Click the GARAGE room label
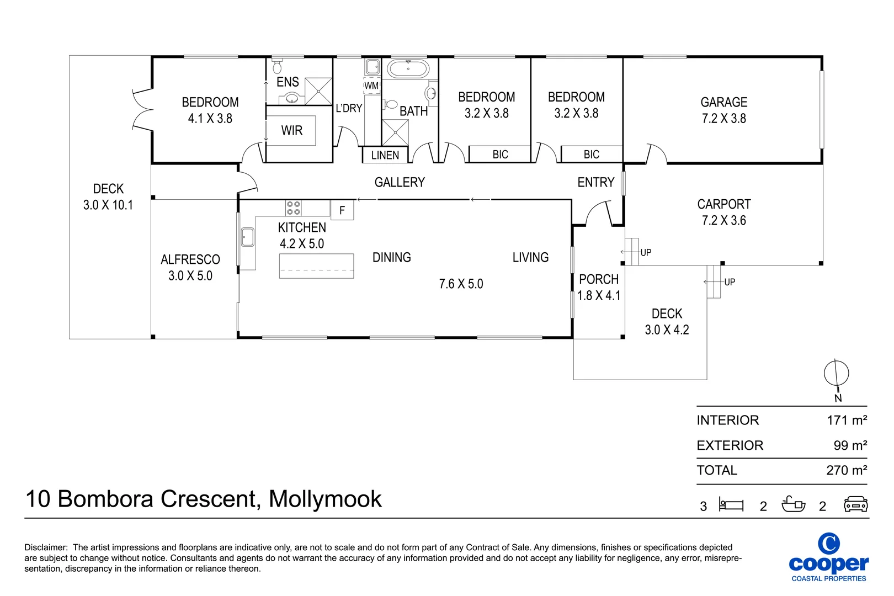tap(723, 103)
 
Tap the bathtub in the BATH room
tap(408, 69)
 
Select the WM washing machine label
tap(371, 86)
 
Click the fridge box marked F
tap(342, 210)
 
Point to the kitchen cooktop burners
tap(294, 208)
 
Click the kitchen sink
tap(247, 237)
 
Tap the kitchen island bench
tap(316, 266)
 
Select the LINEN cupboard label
tap(385, 156)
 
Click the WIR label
tap(291, 131)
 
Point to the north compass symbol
tap(836, 374)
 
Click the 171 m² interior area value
tap(846, 421)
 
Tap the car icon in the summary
tap(855, 504)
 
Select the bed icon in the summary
tap(731, 504)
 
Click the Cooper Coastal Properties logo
tap(828, 557)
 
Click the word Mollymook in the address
tap(324, 499)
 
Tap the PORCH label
tap(599, 280)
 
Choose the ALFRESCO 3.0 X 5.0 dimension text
tap(190, 276)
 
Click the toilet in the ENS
tap(277, 67)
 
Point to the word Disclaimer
tap(46, 547)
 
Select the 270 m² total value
tap(846, 470)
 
